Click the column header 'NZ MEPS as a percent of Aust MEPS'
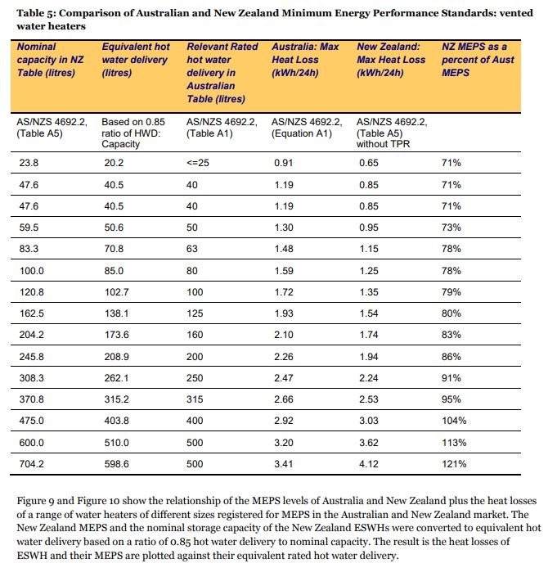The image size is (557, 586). coord(478,60)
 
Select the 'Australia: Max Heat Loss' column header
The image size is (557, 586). coord(305,60)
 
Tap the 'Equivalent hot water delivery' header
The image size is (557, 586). coord(136,60)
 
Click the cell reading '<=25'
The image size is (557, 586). coord(198,163)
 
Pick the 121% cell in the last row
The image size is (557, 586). coord(454,464)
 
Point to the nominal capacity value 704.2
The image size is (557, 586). coord(31,464)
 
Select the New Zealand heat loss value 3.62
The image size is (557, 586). coord(369,443)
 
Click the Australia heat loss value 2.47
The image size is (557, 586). coord(284,378)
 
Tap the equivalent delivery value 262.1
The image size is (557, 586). coord(117,378)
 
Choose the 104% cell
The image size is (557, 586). coord(454,421)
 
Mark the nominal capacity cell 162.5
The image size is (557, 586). coord(31,313)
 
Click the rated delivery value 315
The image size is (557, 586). coord(195,399)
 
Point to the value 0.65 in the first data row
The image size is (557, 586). coord(369,163)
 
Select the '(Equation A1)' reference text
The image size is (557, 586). coord(302,133)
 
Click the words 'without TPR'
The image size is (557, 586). coord(383,144)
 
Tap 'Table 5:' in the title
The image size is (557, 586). coord(36,13)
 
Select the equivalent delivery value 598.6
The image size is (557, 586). coord(117,464)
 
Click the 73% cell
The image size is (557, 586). coord(451,228)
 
